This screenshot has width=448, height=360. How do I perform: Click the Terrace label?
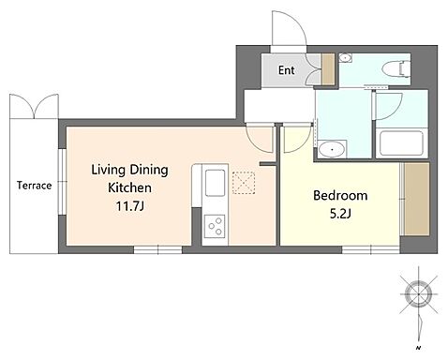click(35, 186)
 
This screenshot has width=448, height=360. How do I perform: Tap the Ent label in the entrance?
click(287, 70)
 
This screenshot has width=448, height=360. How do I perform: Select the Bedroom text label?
click(340, 196)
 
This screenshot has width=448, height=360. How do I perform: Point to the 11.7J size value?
click(130, 206)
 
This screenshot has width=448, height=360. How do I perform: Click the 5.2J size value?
click(340, 214)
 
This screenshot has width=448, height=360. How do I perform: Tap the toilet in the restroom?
click(396, 68)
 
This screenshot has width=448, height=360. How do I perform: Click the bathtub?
click(401, 144)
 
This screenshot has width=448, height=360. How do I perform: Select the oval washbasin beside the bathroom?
click(332, 150)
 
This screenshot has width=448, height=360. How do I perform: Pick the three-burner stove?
click(215, 226)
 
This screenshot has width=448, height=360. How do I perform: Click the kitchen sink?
click(215, 183)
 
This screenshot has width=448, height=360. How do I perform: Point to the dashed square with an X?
click(244, 183)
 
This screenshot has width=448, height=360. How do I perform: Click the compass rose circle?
click(418, 294)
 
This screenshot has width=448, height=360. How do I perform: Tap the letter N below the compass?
click(417, 348)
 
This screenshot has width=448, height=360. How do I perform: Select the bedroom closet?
click(416, 199)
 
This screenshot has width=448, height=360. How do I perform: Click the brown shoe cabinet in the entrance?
click(328, 69)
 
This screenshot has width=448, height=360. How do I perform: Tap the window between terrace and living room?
click(63, 182)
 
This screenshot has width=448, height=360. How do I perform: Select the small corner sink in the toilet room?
click(346, 58)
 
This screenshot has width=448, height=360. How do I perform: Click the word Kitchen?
click(129, 187)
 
